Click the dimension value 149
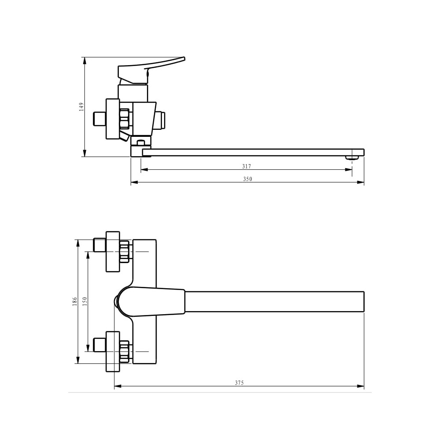pyautogui.click(x=81, y=106)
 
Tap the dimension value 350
pyautogui.click(x=248, y=179)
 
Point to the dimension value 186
pyautogui.click(x=75, y=301)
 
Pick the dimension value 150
pyautogui.click(x=85, y=301)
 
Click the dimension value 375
pyautogui.click(x=239, y=383)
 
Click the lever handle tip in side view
pyautogui.click(x=181, y=59)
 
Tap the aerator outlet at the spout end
pyautogui.click(x=351, y=158)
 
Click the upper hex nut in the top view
pyautogui.click(x=125, y=251)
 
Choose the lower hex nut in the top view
pyautogui.click(x=125, y=351)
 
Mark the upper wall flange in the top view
pyautogui.click(x=113, y=251)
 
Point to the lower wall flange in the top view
pyautogui.click(x=113, y=351)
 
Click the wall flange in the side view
pyautogui.click(x=112, y=119)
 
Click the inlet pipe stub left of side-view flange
pyautogui.click(x=99, y=119)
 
